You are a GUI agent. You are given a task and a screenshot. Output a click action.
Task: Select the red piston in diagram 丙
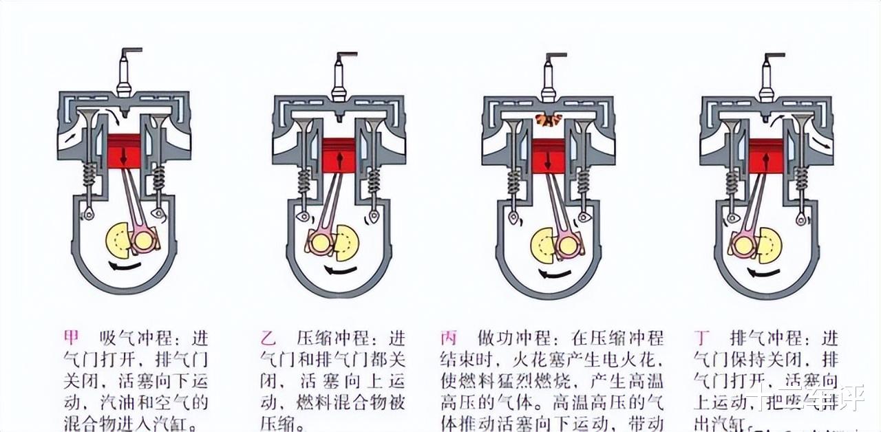click(x=549, y=155)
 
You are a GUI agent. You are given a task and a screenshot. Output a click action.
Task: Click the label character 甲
click(x=72, y=338)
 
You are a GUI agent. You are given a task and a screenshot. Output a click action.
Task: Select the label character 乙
click(x=268, y=338)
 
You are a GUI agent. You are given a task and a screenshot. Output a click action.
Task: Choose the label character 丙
click(x=449, y=338)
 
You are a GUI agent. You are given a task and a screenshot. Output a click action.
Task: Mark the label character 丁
click(x=702, y=338)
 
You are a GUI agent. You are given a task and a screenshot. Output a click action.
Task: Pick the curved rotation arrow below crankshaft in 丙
click(x=555, y=274)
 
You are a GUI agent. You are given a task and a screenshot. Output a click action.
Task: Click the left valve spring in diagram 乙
click(x=304, y=182)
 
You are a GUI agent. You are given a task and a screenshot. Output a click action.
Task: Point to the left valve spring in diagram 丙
click(x=513, y=182)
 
